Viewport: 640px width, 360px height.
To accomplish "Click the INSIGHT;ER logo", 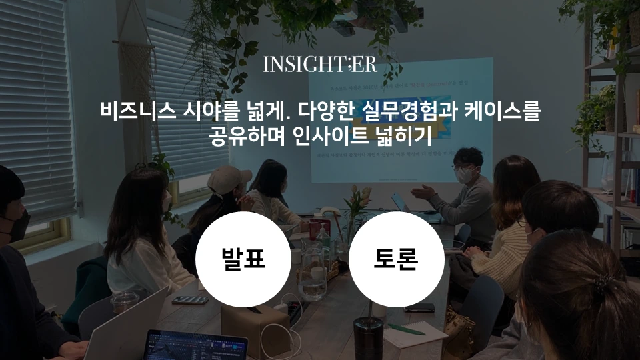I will pos(320,64).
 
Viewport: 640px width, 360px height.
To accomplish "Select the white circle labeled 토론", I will pos(396,259).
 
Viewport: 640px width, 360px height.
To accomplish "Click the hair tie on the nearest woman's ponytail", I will pos(601,287).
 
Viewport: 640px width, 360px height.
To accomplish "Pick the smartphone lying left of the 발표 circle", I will pos(190,300).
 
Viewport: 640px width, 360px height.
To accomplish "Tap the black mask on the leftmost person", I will pos(18,225).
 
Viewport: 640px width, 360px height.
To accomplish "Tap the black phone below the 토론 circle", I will pos(419,307).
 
